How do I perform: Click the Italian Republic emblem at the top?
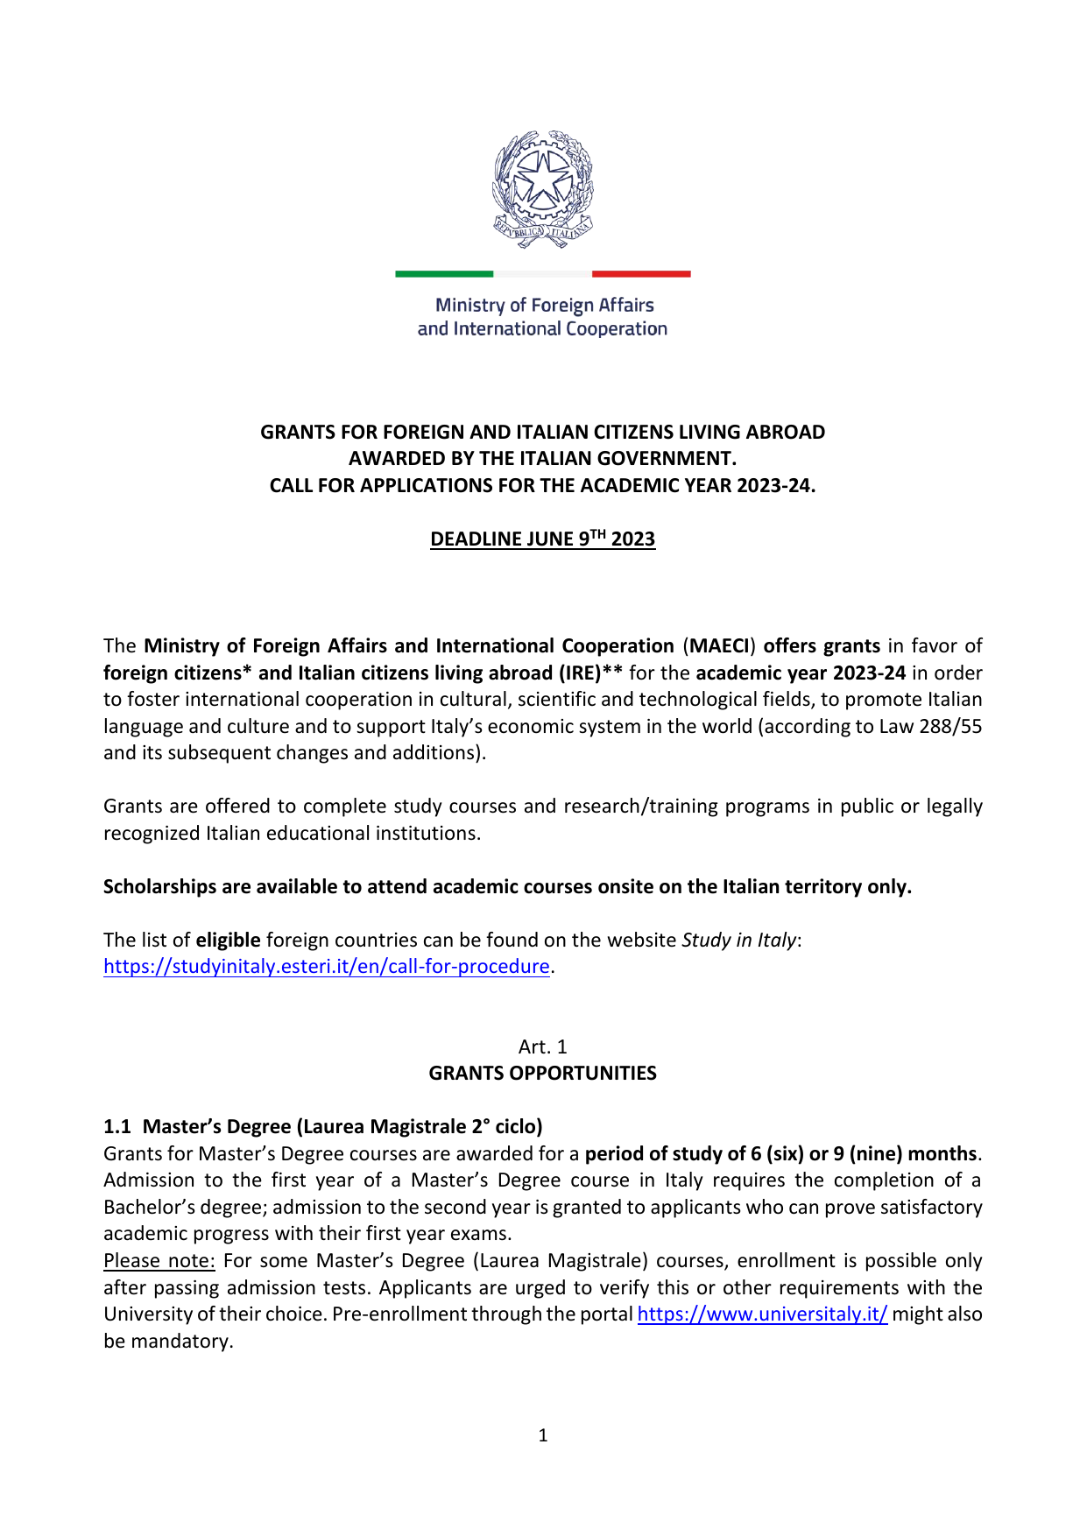[x=543, y=189]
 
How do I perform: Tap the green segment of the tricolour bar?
[x=444, y=274]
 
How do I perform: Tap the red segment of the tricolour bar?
[x=641, y=274]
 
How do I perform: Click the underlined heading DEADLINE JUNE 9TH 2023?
[x=542, y=539]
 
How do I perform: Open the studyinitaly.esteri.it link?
[x=327, y=966]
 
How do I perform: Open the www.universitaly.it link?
[x=762, y=1314]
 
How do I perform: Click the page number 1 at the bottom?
[x=543, y=1435]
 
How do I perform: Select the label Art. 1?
[x=543, y=1046]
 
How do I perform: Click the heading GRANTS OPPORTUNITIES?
[x=542, y=1073]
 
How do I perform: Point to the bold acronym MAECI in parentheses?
[x=719, y=646]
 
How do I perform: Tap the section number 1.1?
[x=116, y=1126]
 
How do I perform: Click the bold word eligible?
[x=228, y=940]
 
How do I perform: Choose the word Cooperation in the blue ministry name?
[x=617, y=329]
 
